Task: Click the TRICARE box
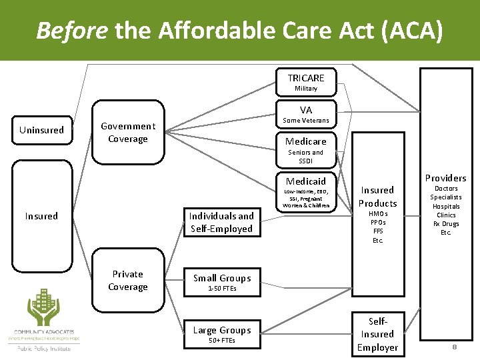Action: [306, 82]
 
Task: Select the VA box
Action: [306, 114]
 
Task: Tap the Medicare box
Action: [306, 141]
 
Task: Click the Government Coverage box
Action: [127, 132]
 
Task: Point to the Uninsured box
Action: [41, 130]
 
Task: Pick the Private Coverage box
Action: [127, 281]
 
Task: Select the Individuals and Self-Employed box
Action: [221, 222]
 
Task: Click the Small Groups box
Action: [221, 282]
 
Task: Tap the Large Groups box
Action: [221, 334]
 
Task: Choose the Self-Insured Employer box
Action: [377, 333]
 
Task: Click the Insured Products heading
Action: [377, 197]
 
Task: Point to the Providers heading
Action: [445, 178]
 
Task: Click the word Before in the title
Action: [73, 30]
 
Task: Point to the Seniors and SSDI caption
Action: [306, 157]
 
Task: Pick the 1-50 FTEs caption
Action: [221, 289]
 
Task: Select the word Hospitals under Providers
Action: [445, 207]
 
